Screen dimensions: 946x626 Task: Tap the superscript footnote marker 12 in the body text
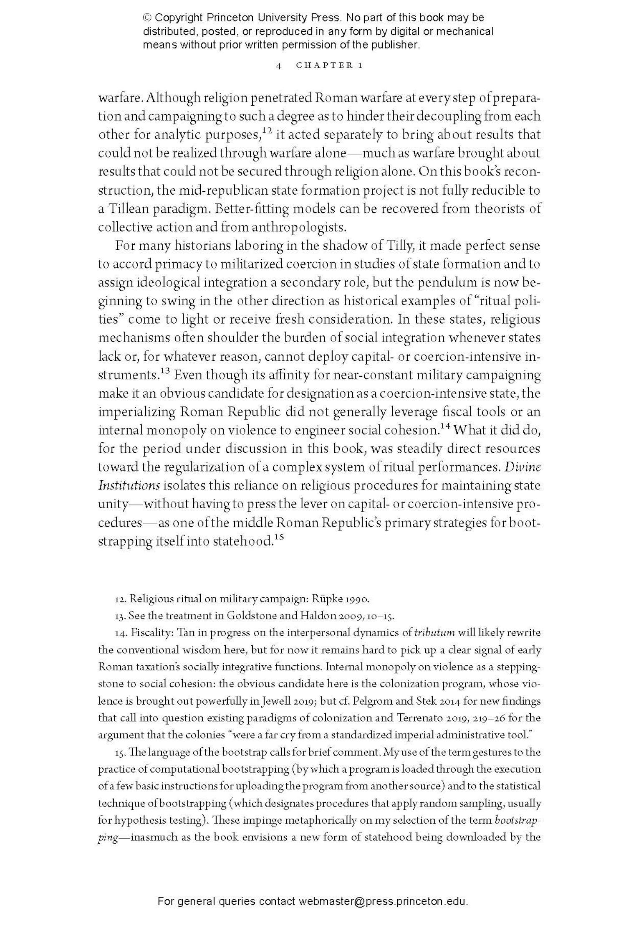268,131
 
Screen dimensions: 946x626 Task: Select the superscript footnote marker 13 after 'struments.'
165,371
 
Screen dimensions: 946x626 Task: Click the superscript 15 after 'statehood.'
279,537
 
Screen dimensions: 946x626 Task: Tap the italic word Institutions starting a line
129,486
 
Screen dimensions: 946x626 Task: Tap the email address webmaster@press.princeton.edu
383,901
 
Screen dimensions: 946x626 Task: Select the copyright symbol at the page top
147,18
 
